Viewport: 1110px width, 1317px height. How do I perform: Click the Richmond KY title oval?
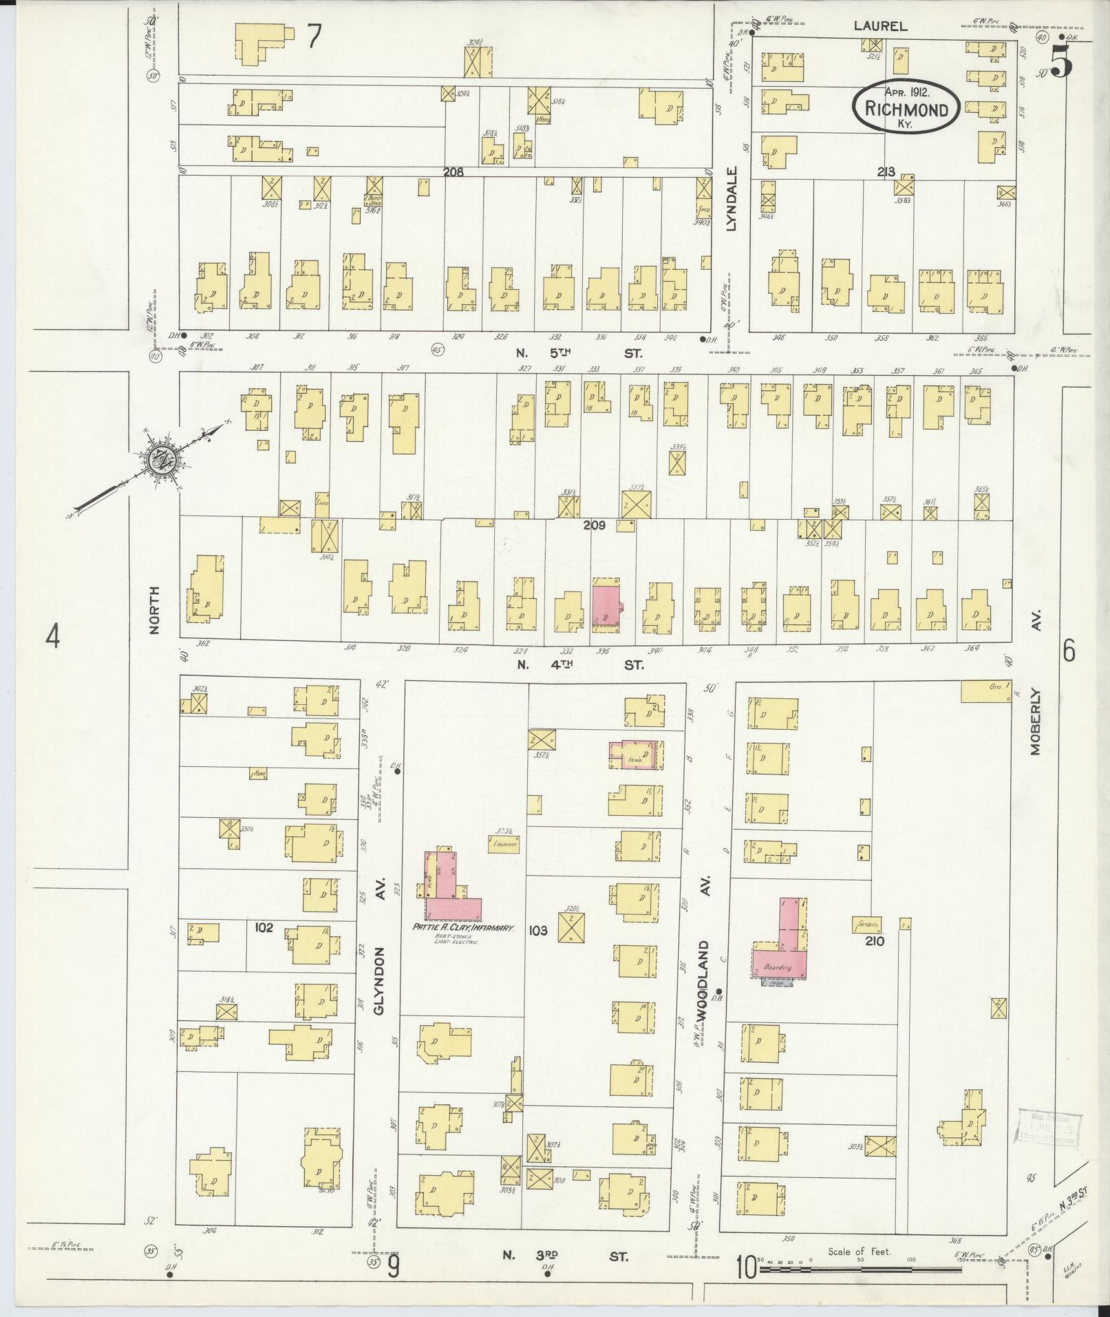tap(906, 107)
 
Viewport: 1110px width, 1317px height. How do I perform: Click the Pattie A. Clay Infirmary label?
tap(463, 928)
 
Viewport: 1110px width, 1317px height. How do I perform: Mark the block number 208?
tap(453, 172)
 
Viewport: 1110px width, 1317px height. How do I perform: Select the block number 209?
tap(593, 525)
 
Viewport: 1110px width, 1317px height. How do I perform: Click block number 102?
tap(264, 927)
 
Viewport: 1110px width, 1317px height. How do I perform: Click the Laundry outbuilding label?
tap(502, 843)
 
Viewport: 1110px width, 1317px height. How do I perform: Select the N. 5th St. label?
tap(579, 353)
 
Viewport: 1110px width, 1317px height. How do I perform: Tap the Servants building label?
tap(866, 925)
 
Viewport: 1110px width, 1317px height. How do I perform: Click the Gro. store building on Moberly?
tap(985, 692)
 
